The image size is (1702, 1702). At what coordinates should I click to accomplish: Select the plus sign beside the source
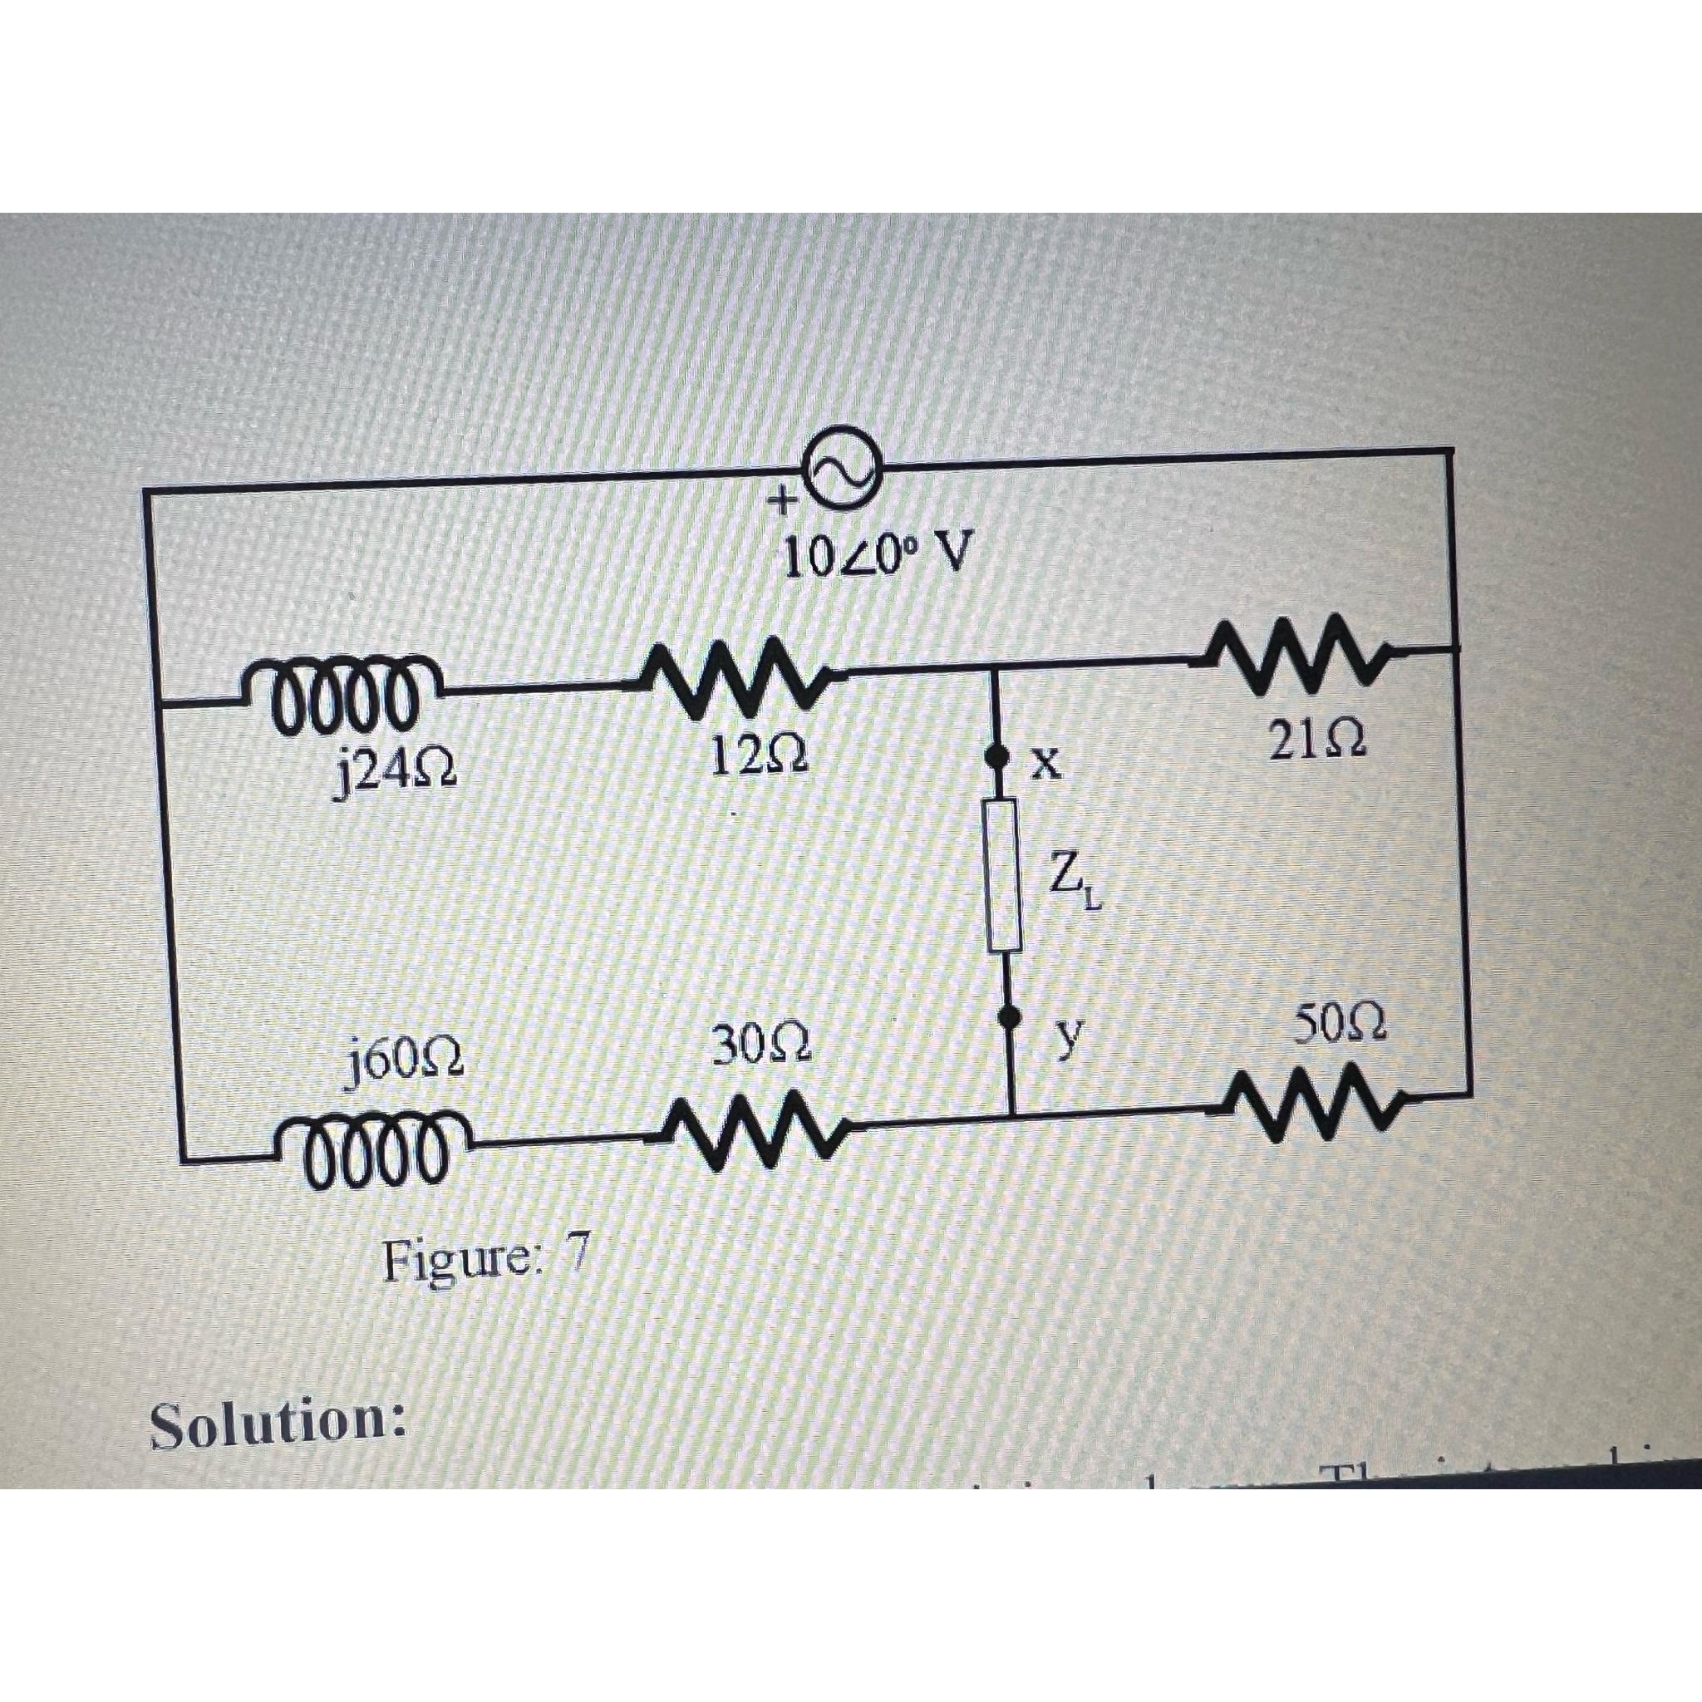click(x=780, y=502)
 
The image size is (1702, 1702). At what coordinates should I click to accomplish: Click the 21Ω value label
click(x=1317, y=740)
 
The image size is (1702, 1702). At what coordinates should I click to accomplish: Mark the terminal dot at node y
click(x=1008, y=1019)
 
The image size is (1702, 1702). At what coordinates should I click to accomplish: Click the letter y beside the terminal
click(x=1068, y=1041)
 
